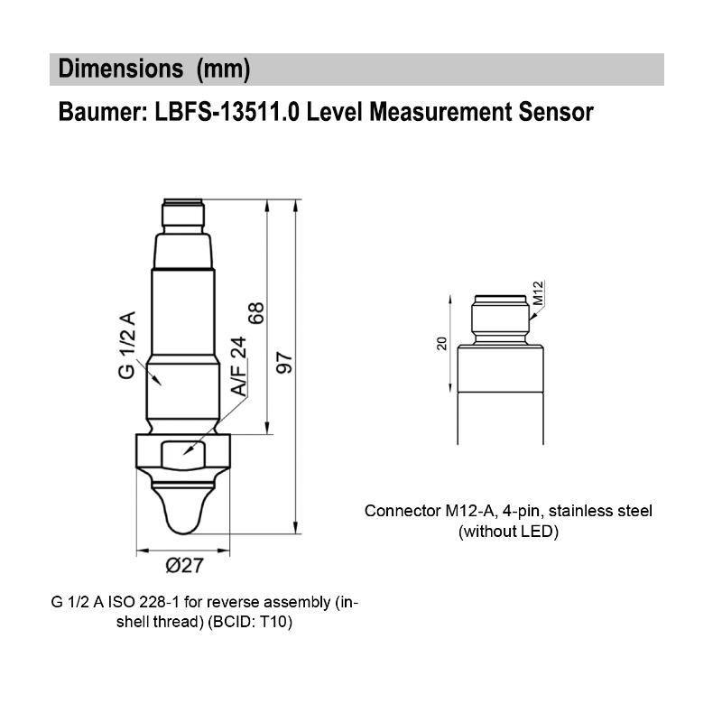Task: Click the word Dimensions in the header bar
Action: [116, 69]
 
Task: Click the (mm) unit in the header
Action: [222, 69]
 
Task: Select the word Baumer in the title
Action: [97, 113]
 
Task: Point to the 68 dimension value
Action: [257, 313]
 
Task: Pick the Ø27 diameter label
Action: [184, 566]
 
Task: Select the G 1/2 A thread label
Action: [127, 345]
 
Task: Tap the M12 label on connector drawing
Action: [538, 293]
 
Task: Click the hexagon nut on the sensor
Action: [183, 451]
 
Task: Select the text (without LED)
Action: [508, 532]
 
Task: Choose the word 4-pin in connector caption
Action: [505, 511]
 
